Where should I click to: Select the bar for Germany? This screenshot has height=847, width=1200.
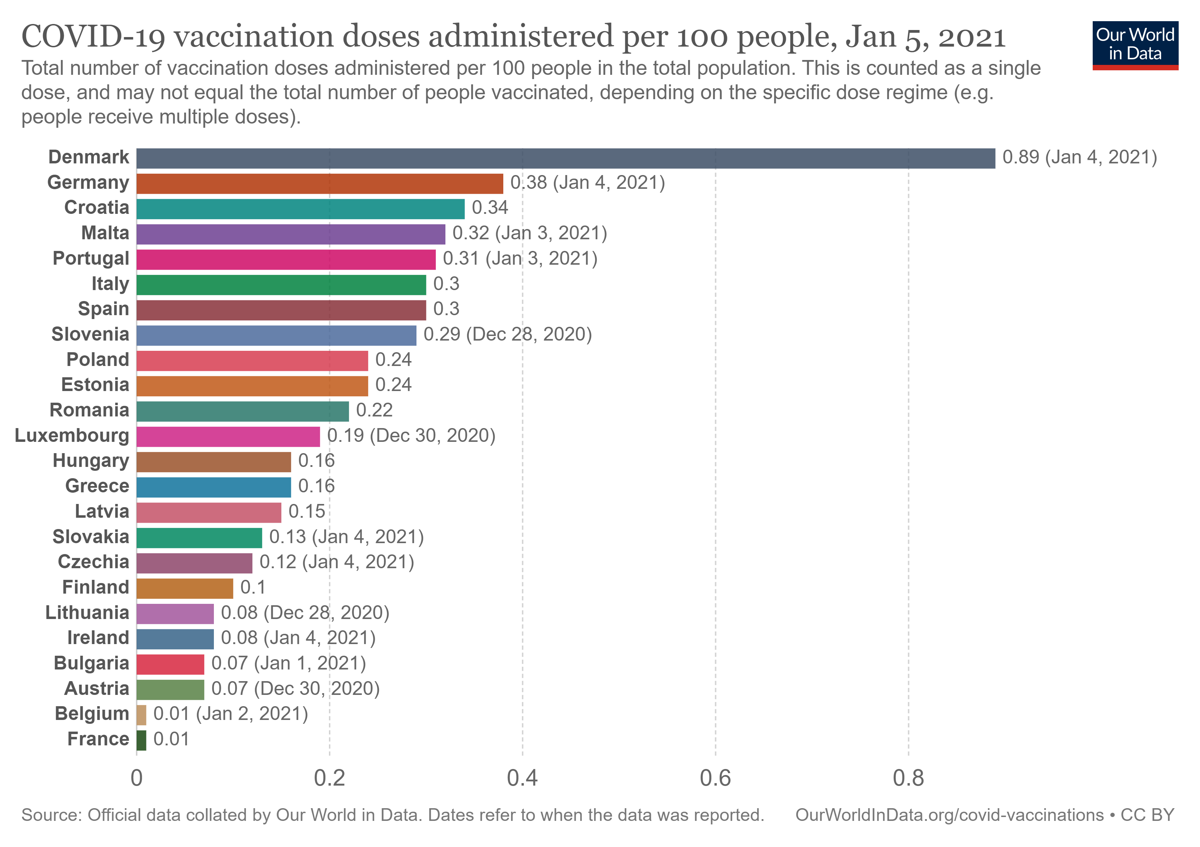click(x=319, y=184)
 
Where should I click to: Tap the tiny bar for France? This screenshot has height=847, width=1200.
click(x=141, y=740)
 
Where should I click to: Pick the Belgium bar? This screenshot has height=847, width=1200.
click(x=141, y=715)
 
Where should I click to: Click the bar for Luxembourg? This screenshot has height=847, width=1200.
click(x=228, y=436)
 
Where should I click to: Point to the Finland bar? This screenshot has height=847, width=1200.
click(x=185, y=588)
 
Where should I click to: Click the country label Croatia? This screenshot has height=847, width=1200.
click(x=97, y=208)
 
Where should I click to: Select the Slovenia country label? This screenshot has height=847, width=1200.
click(x=90, y=335)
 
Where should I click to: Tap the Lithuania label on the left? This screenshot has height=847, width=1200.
click(x=87, y=613)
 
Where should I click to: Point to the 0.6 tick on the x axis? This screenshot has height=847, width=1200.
click(x=715, y=779)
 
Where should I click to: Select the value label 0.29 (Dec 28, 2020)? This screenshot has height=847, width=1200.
click(x=508, y=335)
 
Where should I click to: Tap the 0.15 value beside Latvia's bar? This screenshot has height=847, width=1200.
click(x=307, y=511)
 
